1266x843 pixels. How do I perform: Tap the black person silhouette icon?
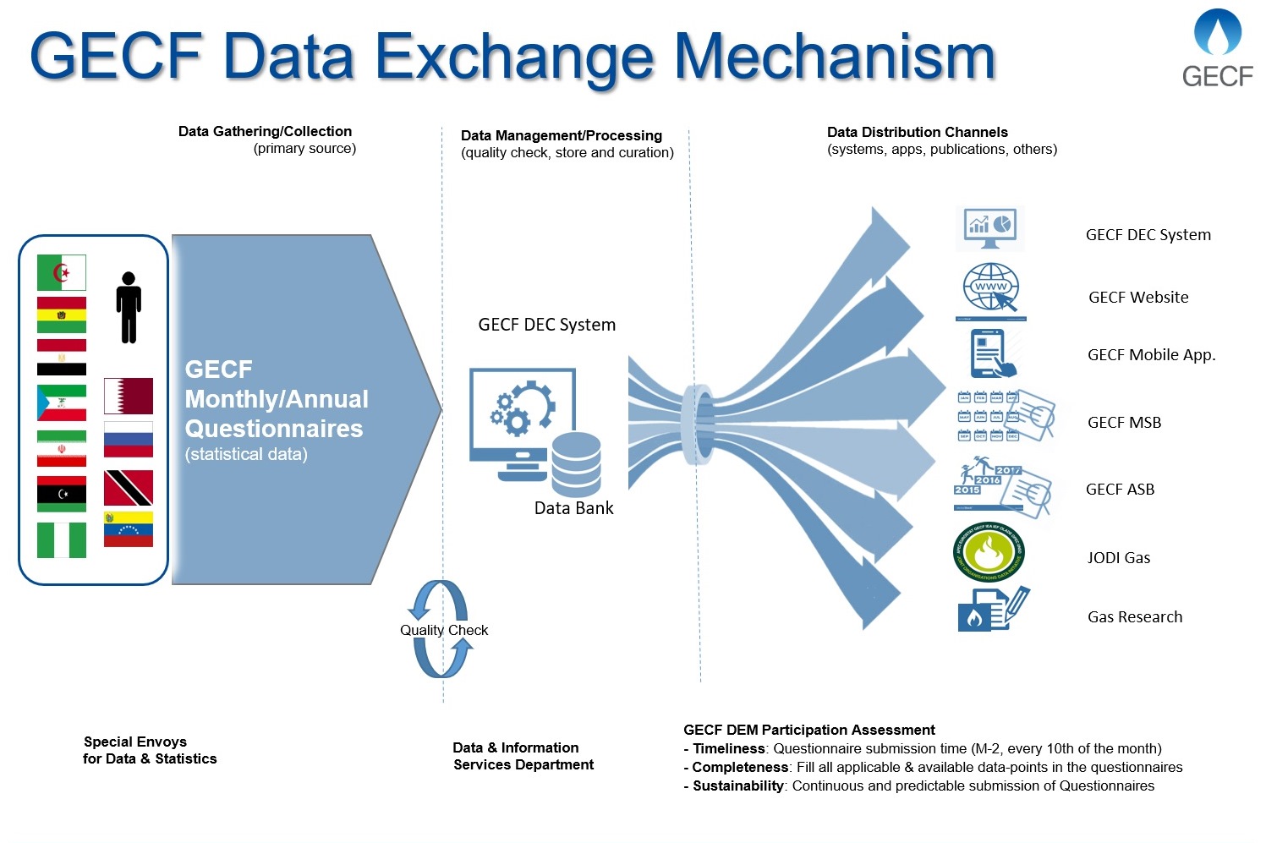(x=129, y=308)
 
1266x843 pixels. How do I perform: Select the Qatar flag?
(x=129, y=396)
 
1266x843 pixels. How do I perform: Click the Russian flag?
(x=129, y=439)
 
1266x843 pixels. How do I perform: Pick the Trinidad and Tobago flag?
(x=129, y=488)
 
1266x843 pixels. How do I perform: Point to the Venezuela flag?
(x=129, y=529)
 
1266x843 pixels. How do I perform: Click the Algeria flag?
(x=62, y=273)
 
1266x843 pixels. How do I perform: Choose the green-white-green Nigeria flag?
(x=62, y=540)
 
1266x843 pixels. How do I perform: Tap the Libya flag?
(x=62, y=494)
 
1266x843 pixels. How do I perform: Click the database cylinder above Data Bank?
(x=576, y=464)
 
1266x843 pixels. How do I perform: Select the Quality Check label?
(x=444, y=630)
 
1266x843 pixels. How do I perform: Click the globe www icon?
(x=991, y=289)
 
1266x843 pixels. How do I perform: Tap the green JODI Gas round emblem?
(x=988, y=553)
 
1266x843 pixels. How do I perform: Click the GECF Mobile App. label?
(x=1151, y=355)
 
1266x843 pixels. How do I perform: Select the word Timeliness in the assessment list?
(x=728, y=748)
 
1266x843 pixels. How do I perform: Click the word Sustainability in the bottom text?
(x=737, y=786)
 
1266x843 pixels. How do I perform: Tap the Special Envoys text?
(x=135, y=742)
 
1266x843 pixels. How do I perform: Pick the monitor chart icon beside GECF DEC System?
(x=989, y=227)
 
